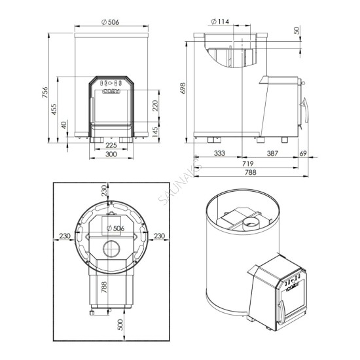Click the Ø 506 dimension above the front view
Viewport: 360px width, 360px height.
point(110,22)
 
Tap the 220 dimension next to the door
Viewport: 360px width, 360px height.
point(154,105)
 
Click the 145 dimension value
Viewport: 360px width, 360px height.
point(154,132)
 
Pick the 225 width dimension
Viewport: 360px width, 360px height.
point(111,145)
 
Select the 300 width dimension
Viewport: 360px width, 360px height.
point(111,154)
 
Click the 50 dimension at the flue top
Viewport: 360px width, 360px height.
point(297,31)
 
